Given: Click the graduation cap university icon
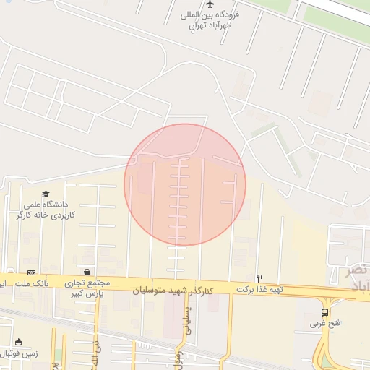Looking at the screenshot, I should [46, 194].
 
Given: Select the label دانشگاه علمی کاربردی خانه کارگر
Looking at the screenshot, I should [51, 210].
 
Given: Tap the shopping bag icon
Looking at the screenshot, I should [87, 272].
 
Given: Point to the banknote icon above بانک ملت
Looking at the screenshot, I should [31, 272].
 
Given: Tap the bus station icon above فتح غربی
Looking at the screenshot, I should [324, 312].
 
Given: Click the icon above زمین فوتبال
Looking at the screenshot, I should [18, 342].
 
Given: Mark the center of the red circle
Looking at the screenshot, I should [185, 184].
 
